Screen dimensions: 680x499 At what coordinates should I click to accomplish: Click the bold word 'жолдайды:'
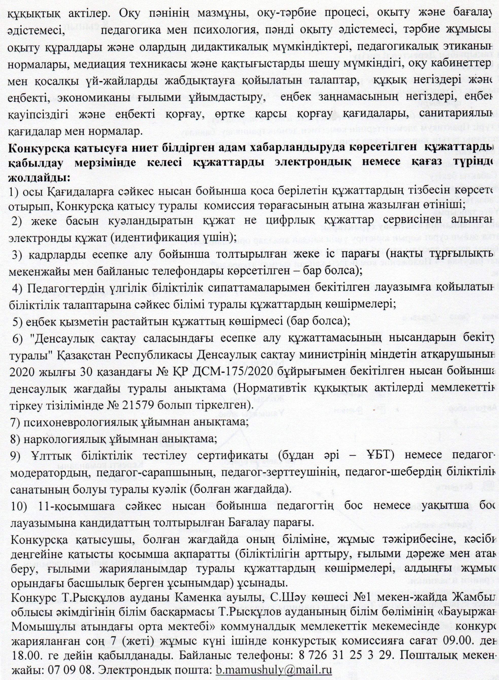pyautogui.click(x=40, y=177)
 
